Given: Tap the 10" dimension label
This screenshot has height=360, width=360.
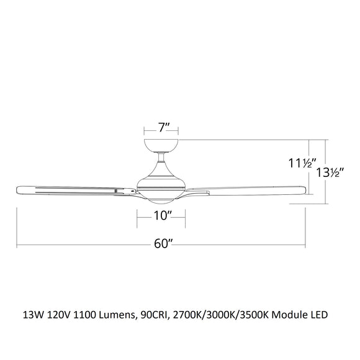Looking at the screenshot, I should point(161,215).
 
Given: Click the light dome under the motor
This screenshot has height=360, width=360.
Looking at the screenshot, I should point(161,199).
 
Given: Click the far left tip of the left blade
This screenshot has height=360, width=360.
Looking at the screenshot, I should point(17,189).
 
